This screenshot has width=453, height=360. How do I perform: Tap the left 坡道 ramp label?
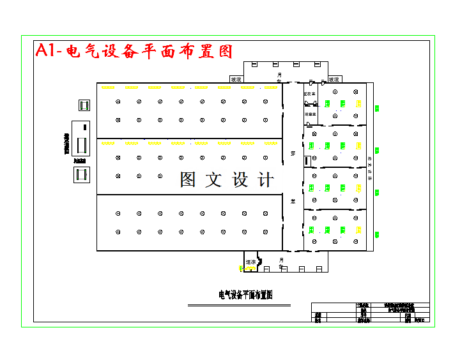tap(236, 80)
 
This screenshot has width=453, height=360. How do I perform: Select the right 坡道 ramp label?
tap(334, 80)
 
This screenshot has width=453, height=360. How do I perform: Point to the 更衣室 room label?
tap(311, 94)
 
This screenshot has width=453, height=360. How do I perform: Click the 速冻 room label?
tap(250, 262)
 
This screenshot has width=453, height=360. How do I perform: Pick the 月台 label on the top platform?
tap(279, 77)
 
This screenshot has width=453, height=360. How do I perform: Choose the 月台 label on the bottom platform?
tap(281, 262)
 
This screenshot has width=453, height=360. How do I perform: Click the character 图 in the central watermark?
tap(188, 180)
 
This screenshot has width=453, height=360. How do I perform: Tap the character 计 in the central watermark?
tap(265, 180)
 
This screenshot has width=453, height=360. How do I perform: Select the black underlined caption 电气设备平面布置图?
tap(246, 295)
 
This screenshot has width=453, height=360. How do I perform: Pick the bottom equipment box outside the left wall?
tap(81, 174)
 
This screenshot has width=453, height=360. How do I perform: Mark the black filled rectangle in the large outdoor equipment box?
tap(82, 144)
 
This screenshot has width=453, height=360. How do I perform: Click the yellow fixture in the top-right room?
tap(358, 103)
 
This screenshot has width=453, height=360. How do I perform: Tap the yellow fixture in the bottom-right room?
tap(358, 230)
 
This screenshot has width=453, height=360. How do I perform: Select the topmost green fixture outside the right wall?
tap(376, 109)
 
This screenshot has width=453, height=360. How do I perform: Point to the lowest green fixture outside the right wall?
tap(376, 234)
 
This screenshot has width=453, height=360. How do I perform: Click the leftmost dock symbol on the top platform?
tap(254, 64)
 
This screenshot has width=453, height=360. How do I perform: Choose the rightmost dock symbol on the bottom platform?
tap(318, 269)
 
